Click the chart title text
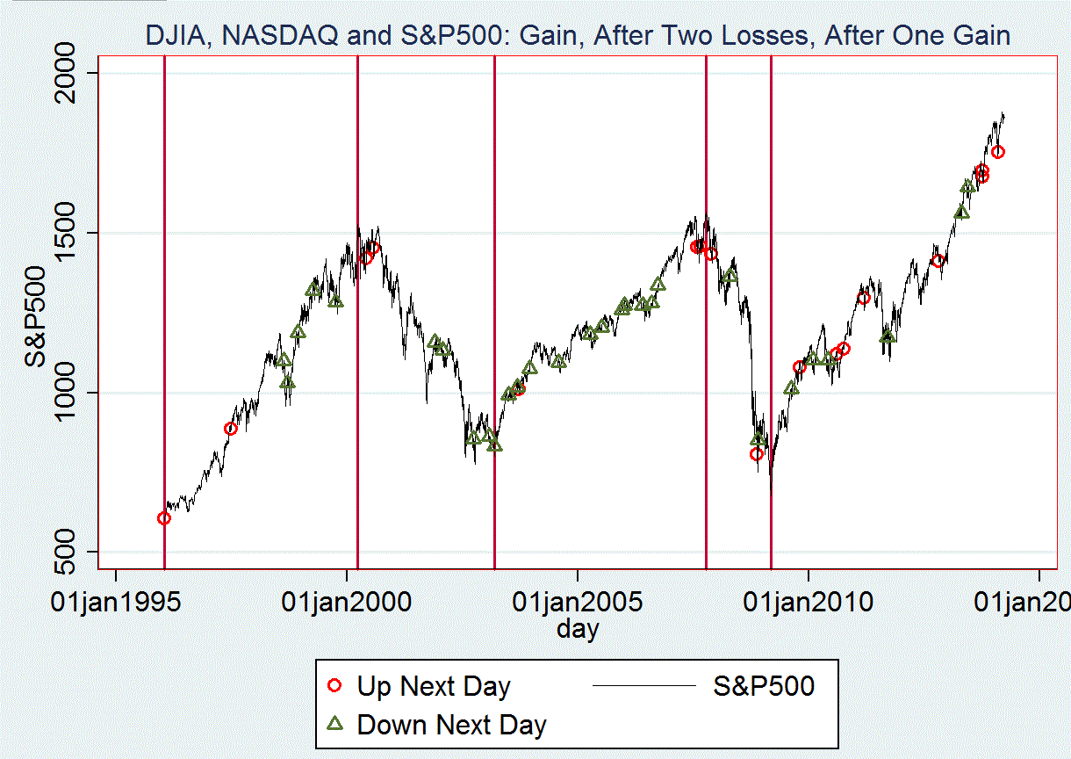tap(578, 36)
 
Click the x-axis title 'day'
tap(578, 628)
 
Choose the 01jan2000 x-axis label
tap(347, 603)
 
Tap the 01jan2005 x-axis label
tap(578, 603)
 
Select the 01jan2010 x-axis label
tap(809, 603)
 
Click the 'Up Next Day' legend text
tap(433, 686)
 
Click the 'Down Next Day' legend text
tap(451, 726)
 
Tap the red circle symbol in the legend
tap(334, 686)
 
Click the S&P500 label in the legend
tap(763, 686)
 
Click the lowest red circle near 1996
tap(164, 518)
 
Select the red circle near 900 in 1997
tap(231, 429)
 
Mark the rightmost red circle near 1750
tap(998, 152)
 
